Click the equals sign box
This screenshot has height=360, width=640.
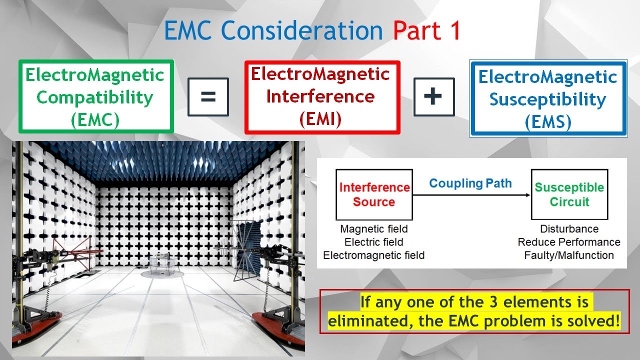208,97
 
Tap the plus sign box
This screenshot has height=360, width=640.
434,97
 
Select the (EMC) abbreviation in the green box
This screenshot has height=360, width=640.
95,120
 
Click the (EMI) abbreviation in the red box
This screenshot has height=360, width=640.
320,118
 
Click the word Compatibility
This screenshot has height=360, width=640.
95,98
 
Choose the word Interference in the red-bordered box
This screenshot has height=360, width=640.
320,96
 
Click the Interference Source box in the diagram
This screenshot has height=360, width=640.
374,194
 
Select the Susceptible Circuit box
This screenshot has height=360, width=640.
569,194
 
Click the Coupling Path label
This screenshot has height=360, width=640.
470,183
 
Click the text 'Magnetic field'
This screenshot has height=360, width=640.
374,229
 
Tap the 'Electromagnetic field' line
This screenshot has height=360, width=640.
374,255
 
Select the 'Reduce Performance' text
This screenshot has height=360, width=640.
569,242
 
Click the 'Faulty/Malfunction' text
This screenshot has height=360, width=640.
569,255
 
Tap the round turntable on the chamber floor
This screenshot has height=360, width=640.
159,273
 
